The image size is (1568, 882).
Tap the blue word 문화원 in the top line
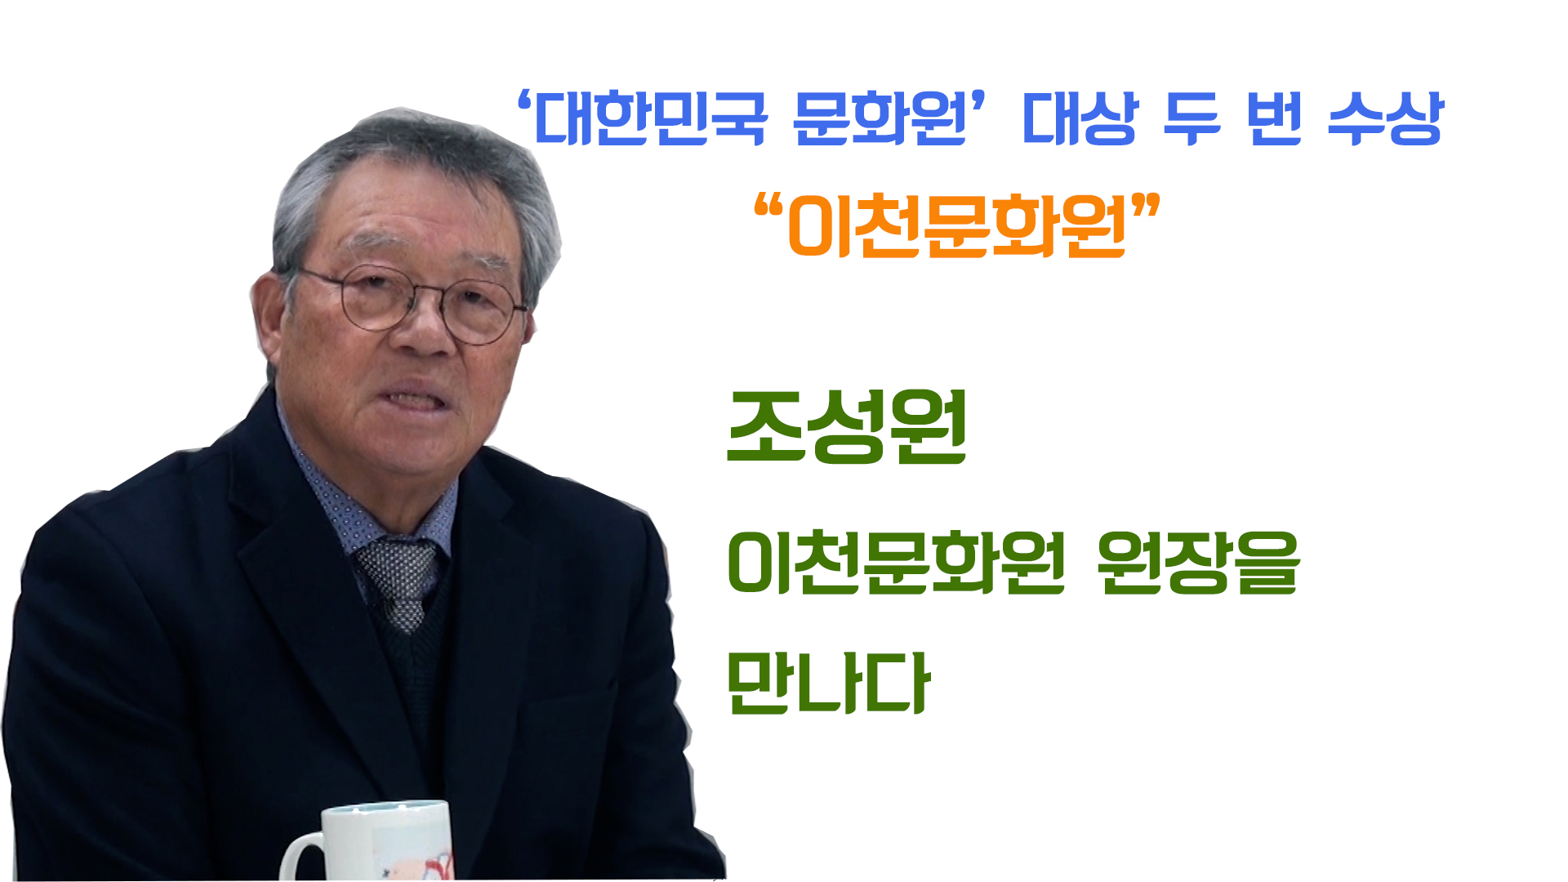(880, 119)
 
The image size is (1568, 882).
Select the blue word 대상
(1080, 119)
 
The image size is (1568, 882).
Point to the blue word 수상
(1386, 119)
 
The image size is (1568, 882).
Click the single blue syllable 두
(1192, 119)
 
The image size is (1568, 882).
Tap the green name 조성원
(847, 427)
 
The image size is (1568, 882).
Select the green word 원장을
(1198, 563)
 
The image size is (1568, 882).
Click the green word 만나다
(828, 684)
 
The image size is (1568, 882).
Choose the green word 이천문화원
(896, 563)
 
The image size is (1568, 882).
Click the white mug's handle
(301, 857)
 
